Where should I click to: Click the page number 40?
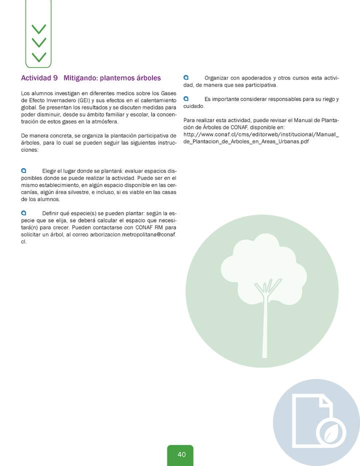181,454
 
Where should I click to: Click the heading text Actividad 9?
39,78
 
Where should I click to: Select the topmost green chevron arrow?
38,29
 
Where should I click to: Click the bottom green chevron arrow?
38,56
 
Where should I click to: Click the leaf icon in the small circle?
330,431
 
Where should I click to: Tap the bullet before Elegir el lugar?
23,170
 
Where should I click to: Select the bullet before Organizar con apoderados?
186,78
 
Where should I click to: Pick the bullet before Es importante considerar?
186,98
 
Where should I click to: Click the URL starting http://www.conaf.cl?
261,134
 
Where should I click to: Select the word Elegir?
51,171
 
